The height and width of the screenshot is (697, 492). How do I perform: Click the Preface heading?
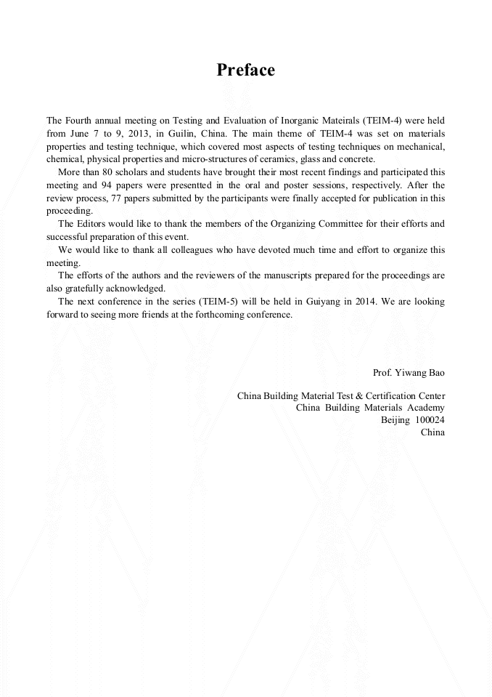click(x=246, y=70)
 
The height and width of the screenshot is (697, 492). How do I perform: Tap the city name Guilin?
click(x=179, y=134)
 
